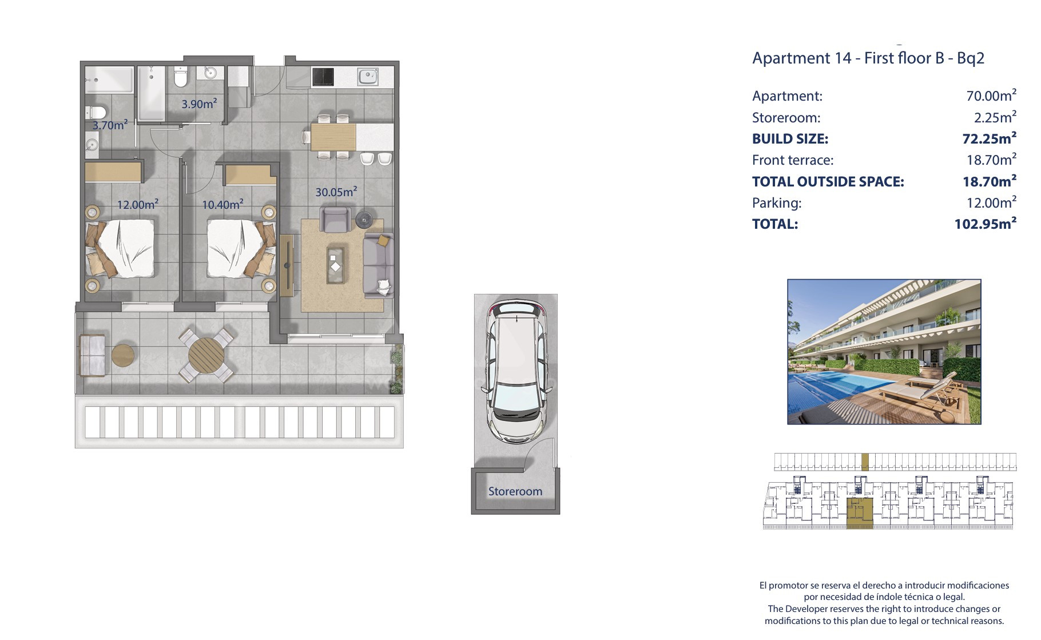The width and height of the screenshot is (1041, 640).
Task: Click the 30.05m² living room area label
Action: (x=336, y=192)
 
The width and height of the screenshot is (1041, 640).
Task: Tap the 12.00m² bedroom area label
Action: (x=138, y=204)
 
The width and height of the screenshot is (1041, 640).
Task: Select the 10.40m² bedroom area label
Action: (x=222, y=204)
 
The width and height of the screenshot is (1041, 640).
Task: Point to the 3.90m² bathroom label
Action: (x=199, y=104)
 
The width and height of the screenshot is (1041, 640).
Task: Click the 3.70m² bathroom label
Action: (x=110, y=125)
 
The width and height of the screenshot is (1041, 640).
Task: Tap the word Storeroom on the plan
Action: (x=515, y=491)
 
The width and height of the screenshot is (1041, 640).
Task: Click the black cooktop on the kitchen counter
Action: (x=323, y=77)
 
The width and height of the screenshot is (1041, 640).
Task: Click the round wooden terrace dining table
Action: (x=206, y=355)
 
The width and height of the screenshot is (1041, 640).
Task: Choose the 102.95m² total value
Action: (x=986, y=223)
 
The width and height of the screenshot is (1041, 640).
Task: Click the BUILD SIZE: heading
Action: (x=790, y=138)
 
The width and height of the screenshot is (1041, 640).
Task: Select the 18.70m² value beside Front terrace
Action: (x=991, y=160)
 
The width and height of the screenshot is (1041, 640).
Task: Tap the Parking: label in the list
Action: (x=777, y=202)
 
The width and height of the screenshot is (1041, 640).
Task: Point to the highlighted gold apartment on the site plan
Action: (x=860, y=512)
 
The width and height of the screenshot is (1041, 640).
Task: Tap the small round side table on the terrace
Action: (x=122, y=355)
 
